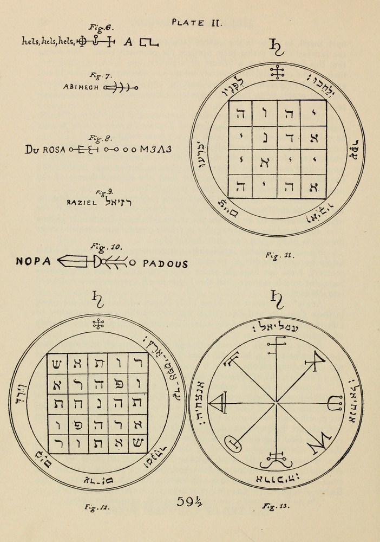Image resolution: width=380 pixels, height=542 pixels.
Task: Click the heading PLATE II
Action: point(194,23)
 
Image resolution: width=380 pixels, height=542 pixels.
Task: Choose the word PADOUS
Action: point(166,264)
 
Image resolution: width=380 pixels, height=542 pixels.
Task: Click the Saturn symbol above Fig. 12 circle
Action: point(98,298)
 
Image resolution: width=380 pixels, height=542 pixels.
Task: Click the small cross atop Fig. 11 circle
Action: point(278,73)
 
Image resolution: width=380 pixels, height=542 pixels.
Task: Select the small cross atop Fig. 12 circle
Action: point(98,324)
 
